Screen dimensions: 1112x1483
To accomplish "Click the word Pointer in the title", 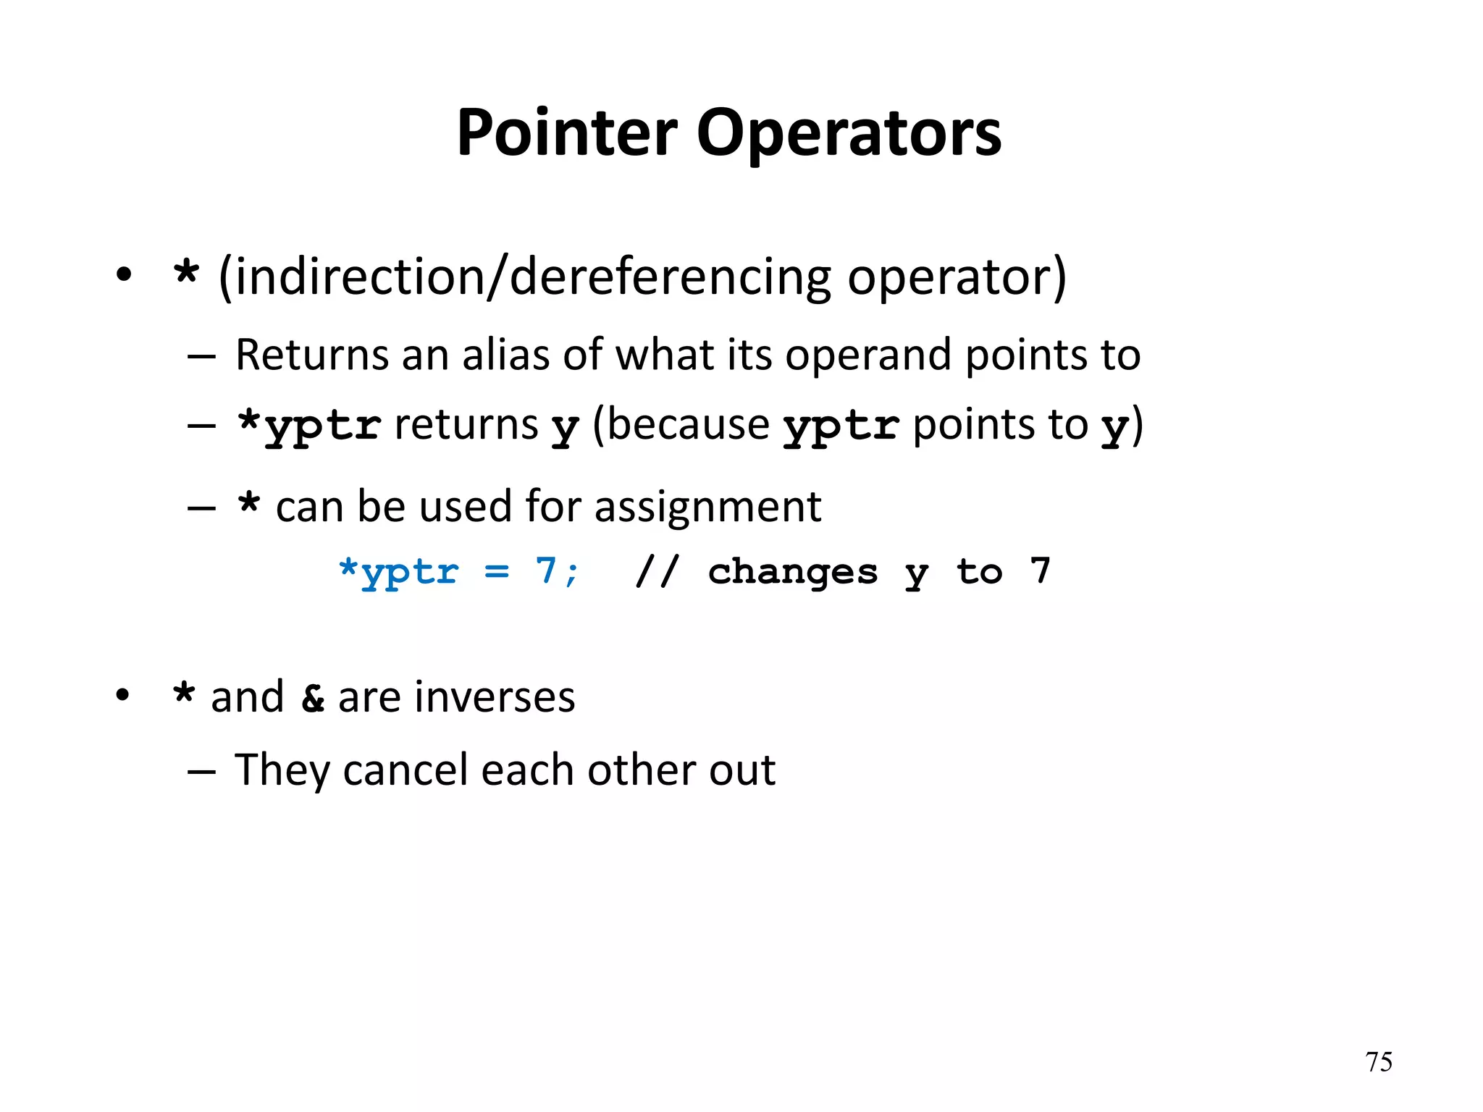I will [567, 133].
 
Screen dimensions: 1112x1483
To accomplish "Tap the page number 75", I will [1378, 1062].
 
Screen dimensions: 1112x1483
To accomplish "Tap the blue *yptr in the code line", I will [398, 572].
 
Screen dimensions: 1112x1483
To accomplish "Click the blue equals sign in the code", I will [497, 572].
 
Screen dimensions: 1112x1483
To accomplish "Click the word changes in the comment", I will [793, 572].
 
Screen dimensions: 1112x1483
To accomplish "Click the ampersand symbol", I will [313, 698].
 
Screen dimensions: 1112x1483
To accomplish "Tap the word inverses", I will [456, 698].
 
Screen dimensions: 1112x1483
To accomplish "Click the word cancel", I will [406, 770].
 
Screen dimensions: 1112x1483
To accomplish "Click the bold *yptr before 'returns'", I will [309, 426].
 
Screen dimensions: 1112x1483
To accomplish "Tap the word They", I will [282, 770].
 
